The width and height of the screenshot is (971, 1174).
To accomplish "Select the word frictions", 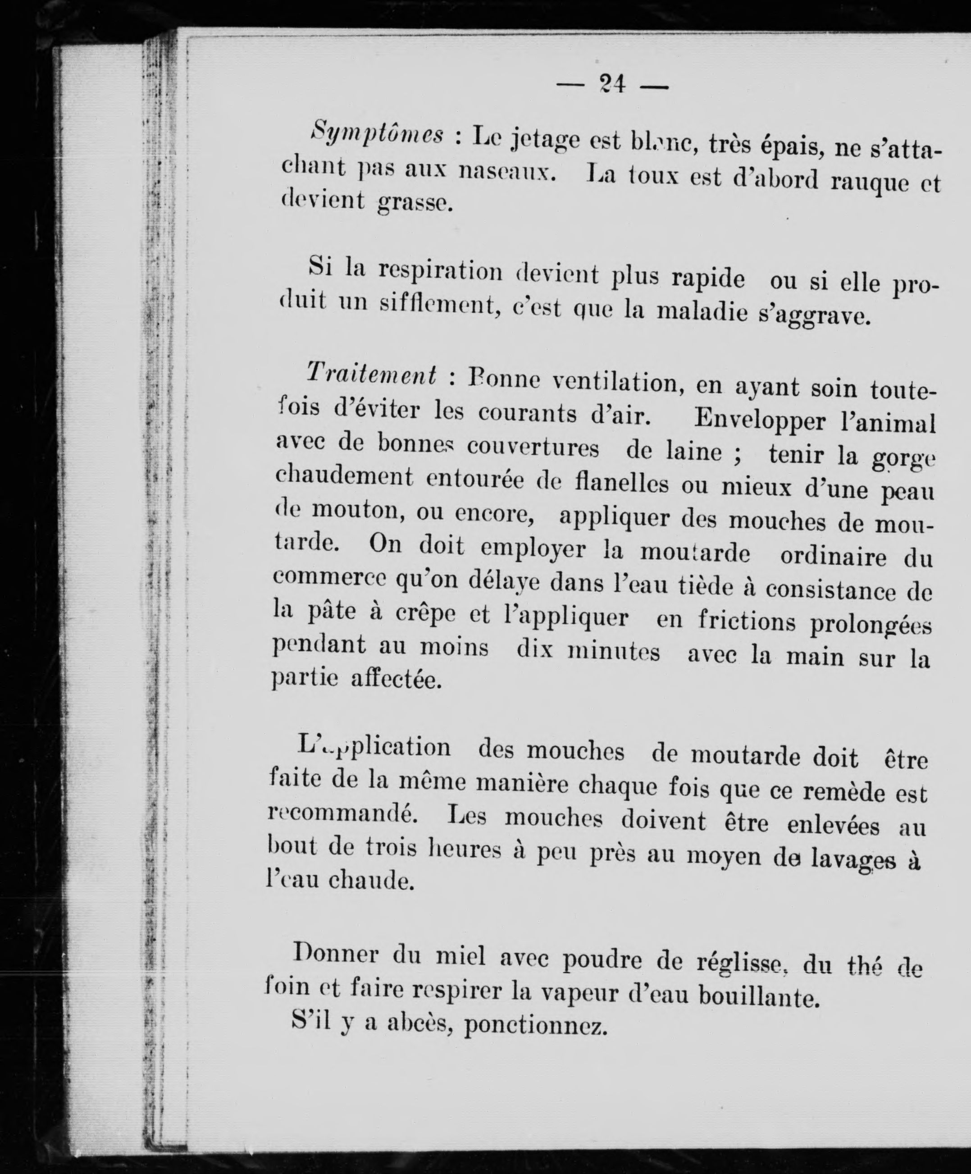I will [746, 621].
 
